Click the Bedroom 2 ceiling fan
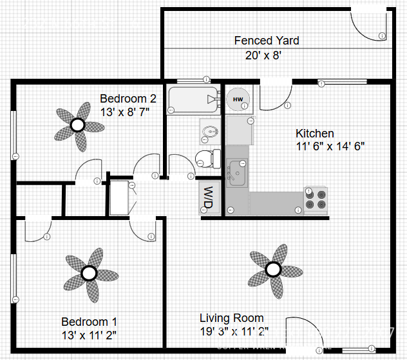[x=78, y=125]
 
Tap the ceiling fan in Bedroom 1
[x=89, y=274]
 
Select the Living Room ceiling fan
[x=274, y=268]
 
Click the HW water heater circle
[x=238, y=99]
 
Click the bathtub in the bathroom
[x=194, y=100]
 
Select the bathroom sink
[x=209, y=133]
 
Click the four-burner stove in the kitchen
[x=316, y=198]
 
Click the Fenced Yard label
[x=266, y=41]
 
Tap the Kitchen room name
[x=314, y=134]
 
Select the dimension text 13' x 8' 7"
[x=125, y=112]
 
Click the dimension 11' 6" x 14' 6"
[x=330, y=146]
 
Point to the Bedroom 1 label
[x=89, y=321]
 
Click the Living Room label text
[x=231, y=318]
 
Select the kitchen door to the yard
[x=275, y=95]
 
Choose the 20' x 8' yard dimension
[x=263, y=55]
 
